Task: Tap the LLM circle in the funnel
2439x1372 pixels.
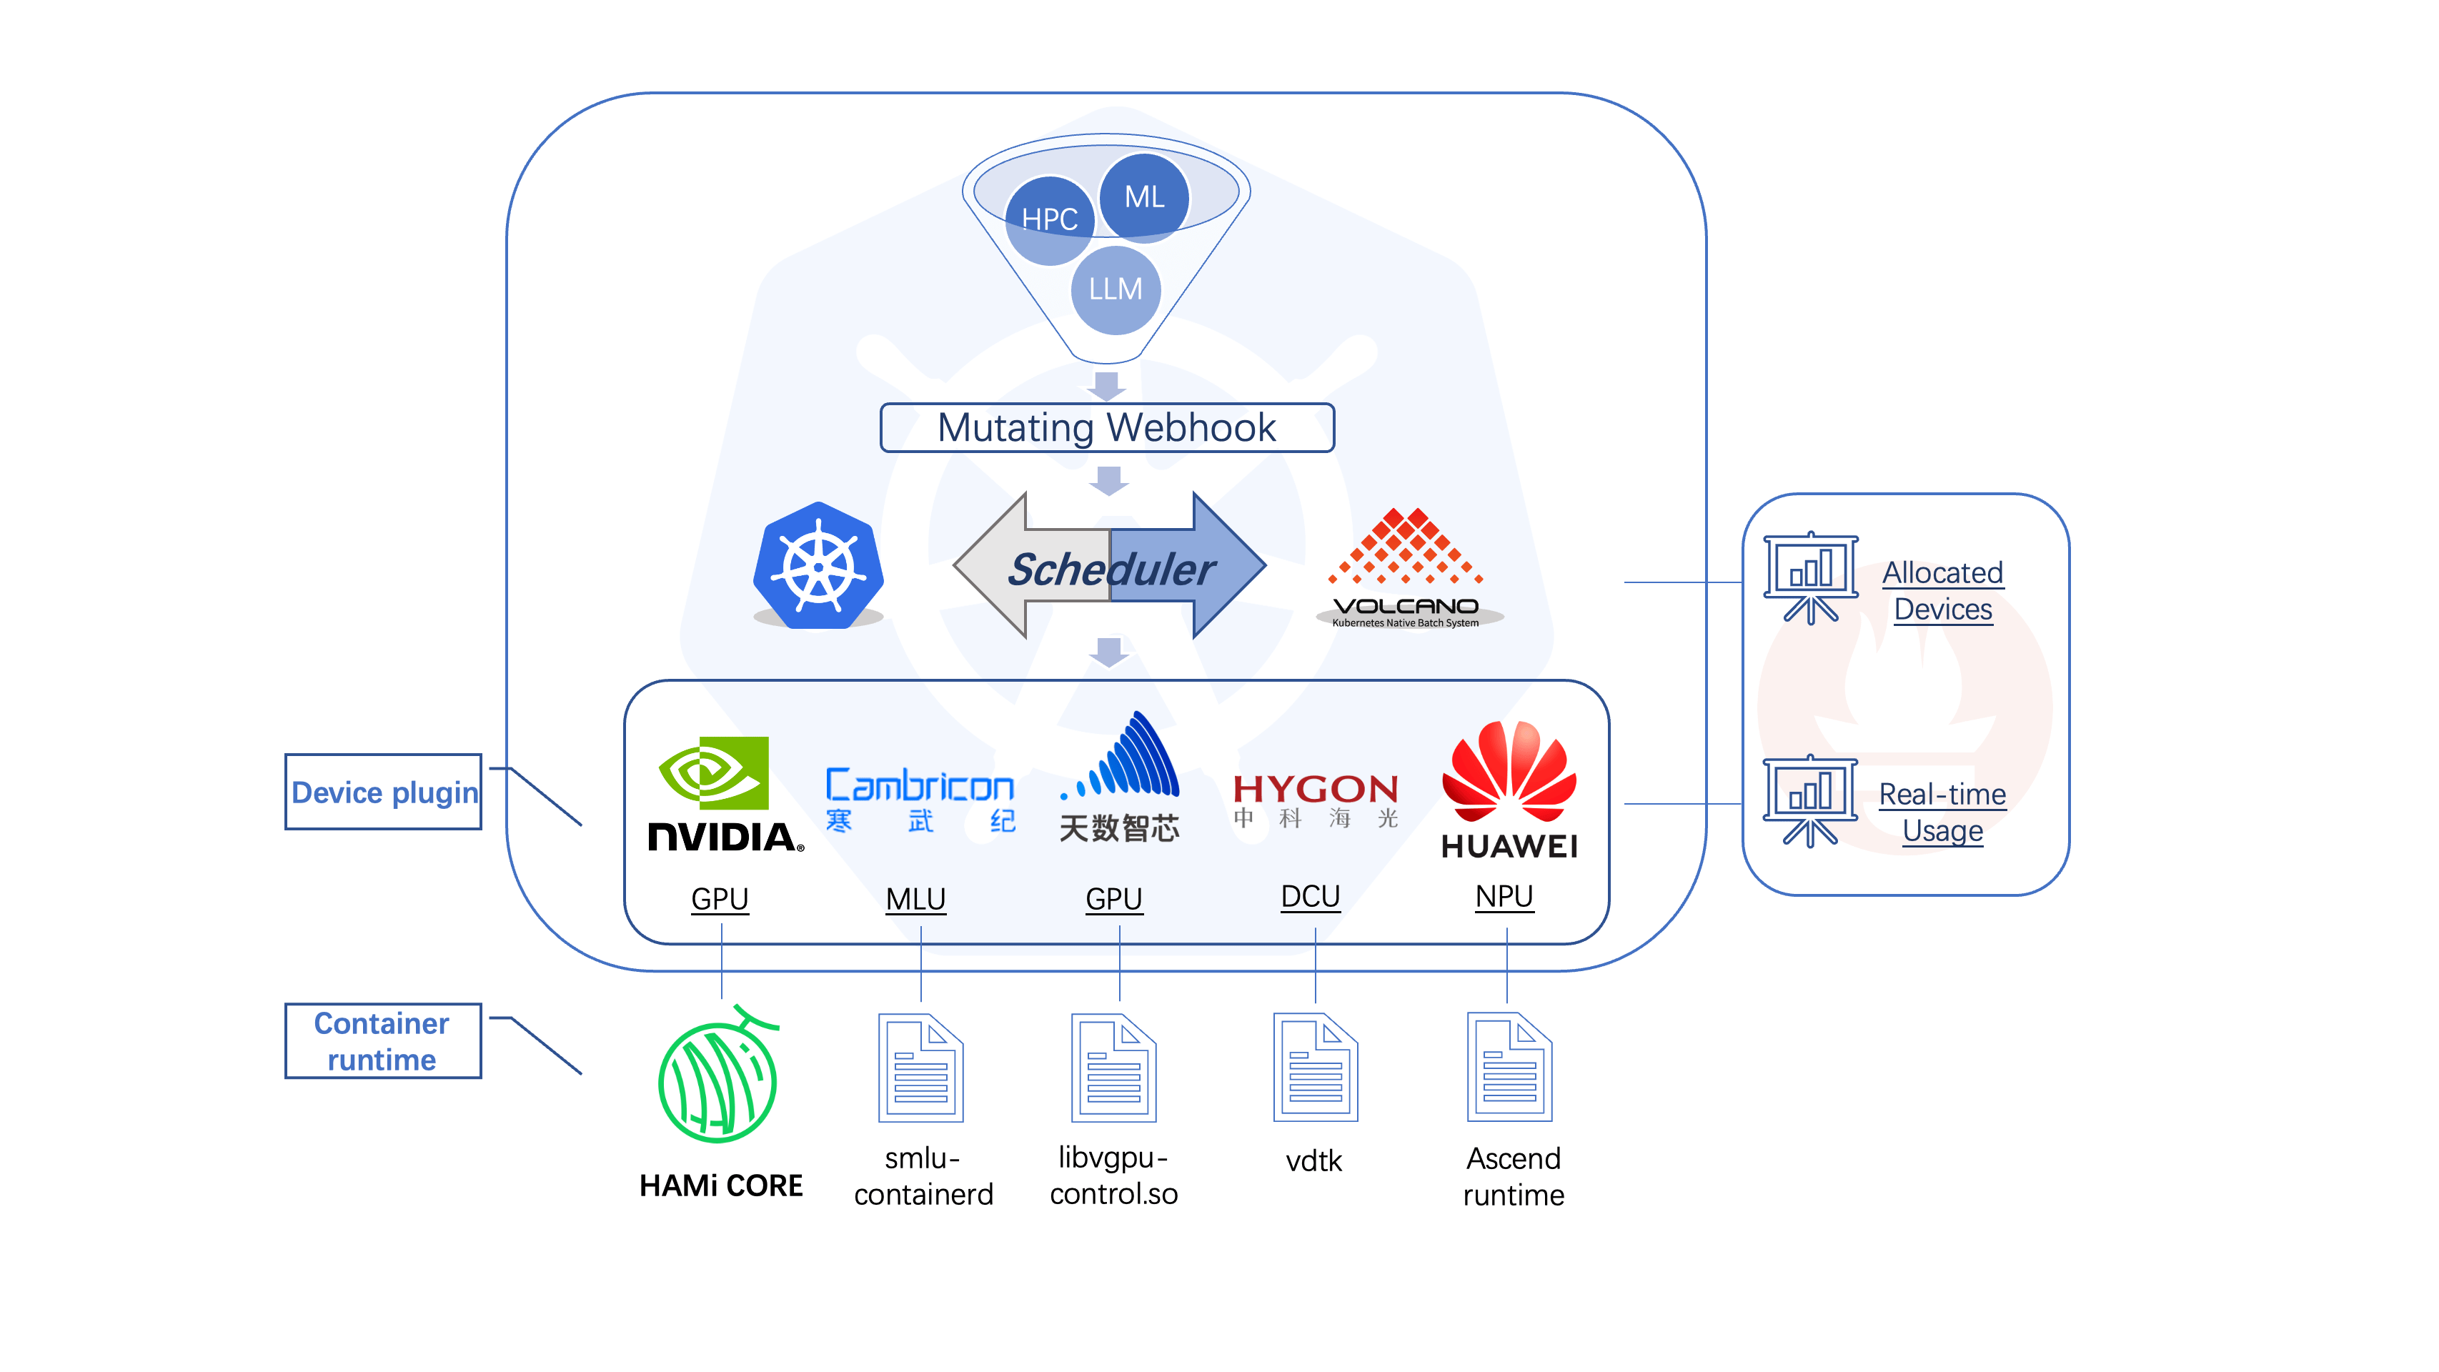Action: click(x=1116, y=289)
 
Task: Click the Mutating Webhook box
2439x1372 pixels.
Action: click(x=1106, y=428)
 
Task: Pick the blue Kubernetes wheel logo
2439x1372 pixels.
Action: click(x=818, y=565)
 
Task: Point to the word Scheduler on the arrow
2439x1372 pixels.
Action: click(x=1110, y=569)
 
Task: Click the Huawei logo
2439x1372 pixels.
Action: click(x=1509, y=790)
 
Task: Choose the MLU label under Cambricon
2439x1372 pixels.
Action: click(x=915, y=898)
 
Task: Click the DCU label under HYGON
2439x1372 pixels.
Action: click(x=1311, y=895)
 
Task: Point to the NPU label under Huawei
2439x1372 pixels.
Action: click(x=1504, y=895)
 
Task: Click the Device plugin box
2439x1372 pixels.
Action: click(x=384, y=792)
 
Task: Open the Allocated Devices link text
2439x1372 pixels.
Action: click(x=1942, y=591)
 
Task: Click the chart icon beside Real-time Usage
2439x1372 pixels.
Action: click(x=1809, y=800)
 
